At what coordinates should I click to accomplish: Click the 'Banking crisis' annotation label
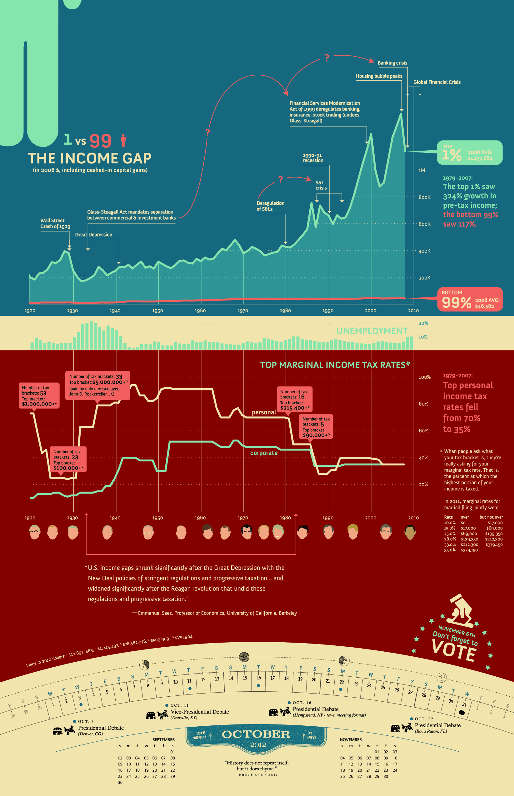[392, 63]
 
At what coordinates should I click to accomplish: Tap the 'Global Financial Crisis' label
[437, 82]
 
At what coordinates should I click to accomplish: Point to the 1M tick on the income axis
[422, 171]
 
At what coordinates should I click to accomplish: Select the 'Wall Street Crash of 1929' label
[55, 223]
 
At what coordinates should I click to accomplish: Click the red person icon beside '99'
[123, 141]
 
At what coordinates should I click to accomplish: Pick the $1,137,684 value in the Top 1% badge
[480, 158]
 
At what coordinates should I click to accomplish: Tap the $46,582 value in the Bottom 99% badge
[484, 306]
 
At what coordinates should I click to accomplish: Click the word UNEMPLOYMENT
[372, 331]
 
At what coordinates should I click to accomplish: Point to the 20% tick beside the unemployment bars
[423, 323]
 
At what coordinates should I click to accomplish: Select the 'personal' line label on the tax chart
[264, 412]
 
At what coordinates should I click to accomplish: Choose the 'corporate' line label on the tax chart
[264, 453]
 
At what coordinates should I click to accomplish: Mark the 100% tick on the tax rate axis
[425, 377]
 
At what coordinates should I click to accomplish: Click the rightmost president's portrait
[410, 532]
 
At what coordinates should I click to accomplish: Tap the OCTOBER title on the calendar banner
[256, 734]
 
